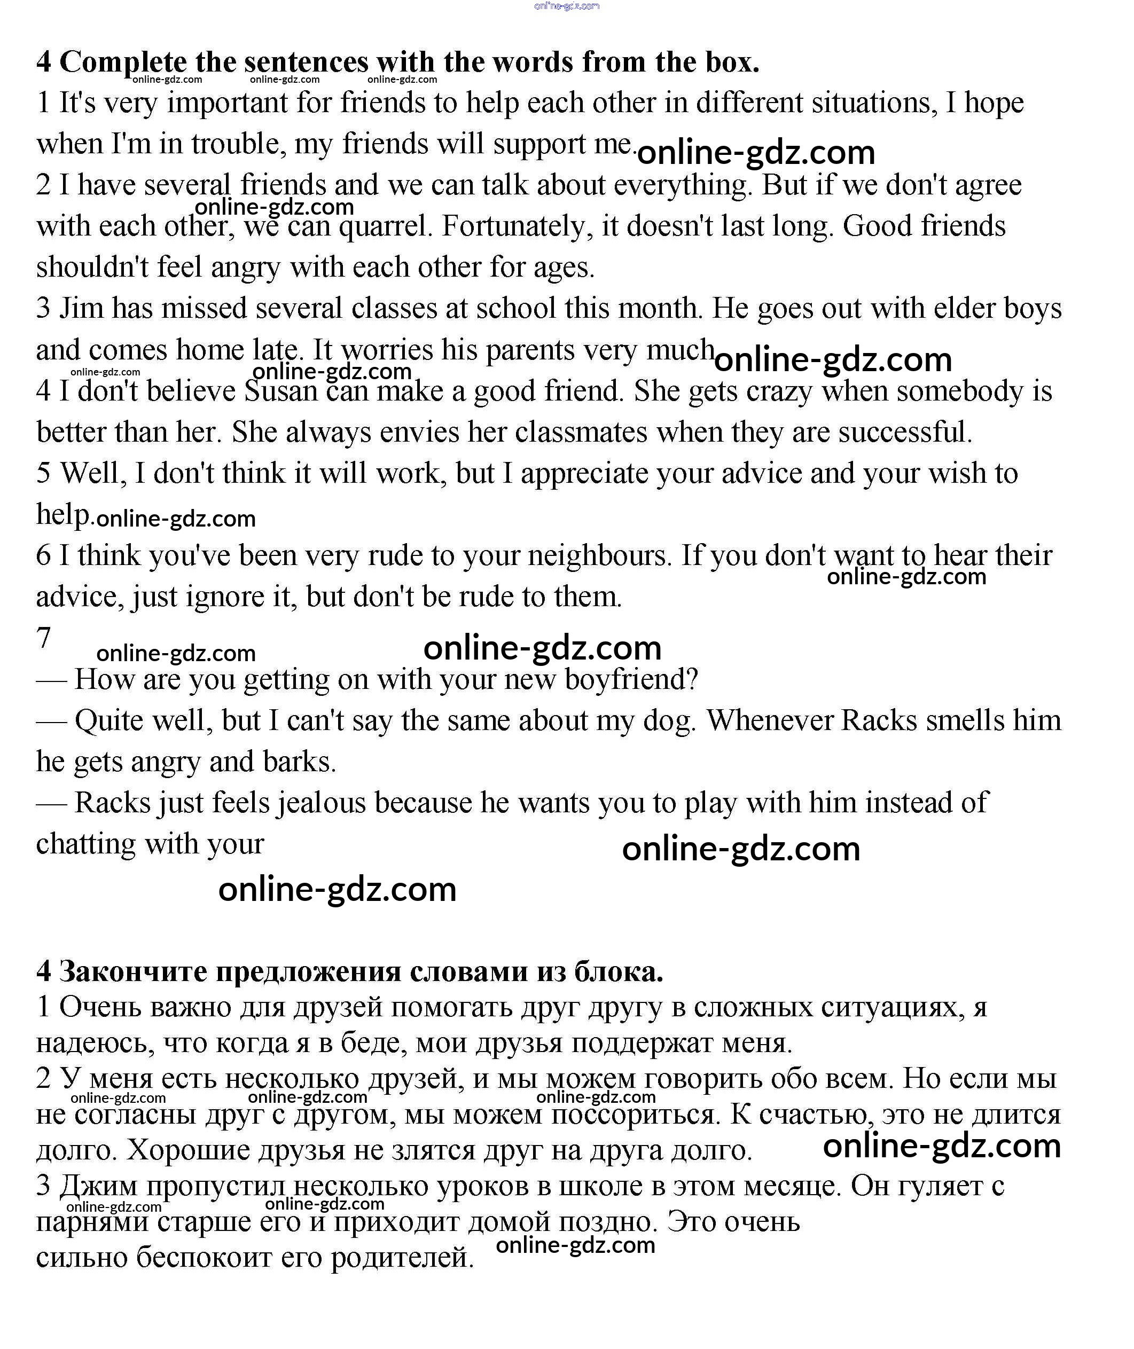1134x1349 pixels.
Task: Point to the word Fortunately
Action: (518, 227)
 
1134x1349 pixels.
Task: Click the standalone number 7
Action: (44, 638)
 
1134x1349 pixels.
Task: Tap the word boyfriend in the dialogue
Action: (631, 680)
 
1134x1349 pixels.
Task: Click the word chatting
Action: (85, 844)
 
